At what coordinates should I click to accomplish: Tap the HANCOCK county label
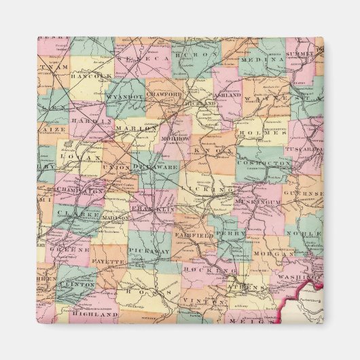click(89, 76)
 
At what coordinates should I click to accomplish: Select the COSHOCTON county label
click(264, 163)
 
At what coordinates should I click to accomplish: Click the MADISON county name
click(115, 216)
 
